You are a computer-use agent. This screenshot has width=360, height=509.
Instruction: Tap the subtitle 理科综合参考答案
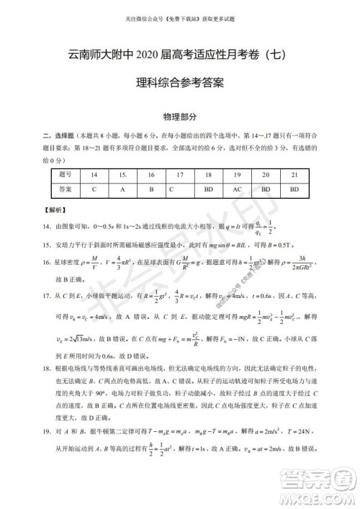click(180, 83)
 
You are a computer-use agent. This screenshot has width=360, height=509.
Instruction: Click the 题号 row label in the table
click(66, 174)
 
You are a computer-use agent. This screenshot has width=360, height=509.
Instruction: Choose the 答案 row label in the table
click(66, 190)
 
